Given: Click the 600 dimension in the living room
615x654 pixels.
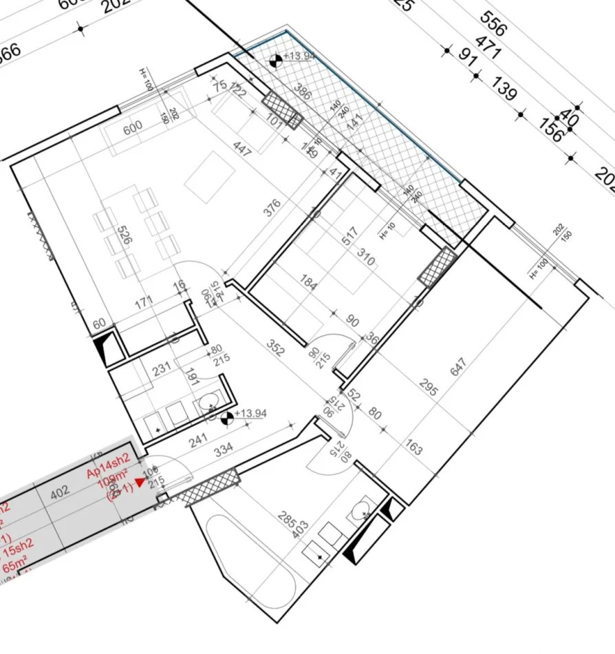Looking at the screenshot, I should coord(132,126).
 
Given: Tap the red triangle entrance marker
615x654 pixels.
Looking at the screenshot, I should coord(141,483).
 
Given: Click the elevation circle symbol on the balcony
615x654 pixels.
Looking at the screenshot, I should coord(275,60).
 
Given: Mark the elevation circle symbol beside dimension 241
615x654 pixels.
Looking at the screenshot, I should coord(226,416).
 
